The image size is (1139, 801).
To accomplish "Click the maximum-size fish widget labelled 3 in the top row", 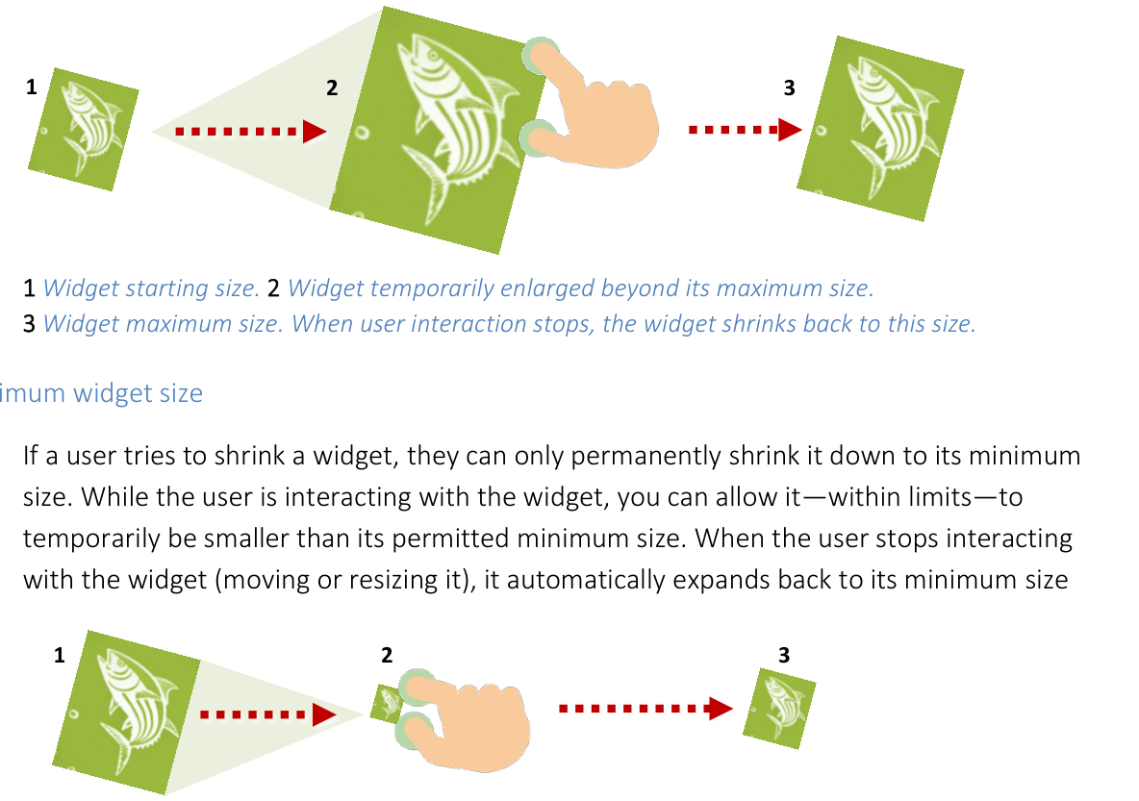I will [x=879, y=129].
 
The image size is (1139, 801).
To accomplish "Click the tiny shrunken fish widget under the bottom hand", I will [x=387, y=703].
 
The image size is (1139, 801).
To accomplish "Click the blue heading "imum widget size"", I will [x=102, y=393].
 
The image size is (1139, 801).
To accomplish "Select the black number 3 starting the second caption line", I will [x=30, y=324].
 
